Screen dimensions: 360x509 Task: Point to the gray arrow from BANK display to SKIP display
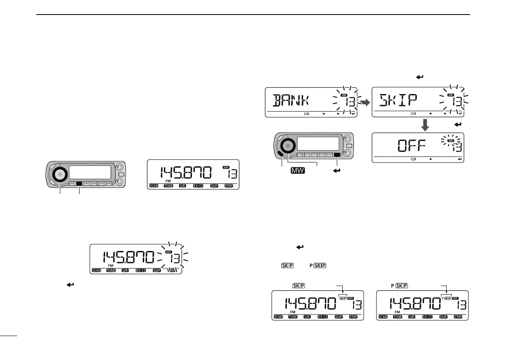point(365,103)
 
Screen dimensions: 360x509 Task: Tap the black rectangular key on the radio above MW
point(338,155)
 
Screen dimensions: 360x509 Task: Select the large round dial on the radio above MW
point(288,146)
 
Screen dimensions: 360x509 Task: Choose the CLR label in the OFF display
point(413,159)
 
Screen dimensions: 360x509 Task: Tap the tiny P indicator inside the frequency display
point(442,298)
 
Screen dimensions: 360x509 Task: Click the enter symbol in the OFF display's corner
point(460,159)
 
